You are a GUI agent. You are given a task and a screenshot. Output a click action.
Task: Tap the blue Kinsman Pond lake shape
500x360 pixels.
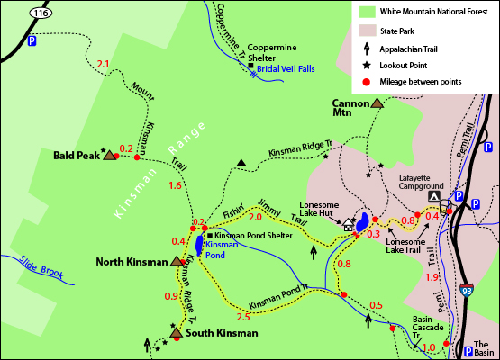197,244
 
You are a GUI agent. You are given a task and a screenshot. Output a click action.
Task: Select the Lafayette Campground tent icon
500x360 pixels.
435,195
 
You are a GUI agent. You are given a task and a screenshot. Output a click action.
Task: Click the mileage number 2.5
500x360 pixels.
242,317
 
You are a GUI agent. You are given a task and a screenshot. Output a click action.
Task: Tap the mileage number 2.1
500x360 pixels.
102,64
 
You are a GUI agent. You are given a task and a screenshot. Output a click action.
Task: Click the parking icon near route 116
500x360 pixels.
33,41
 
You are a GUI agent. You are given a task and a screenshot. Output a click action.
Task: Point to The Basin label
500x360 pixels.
484,348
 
